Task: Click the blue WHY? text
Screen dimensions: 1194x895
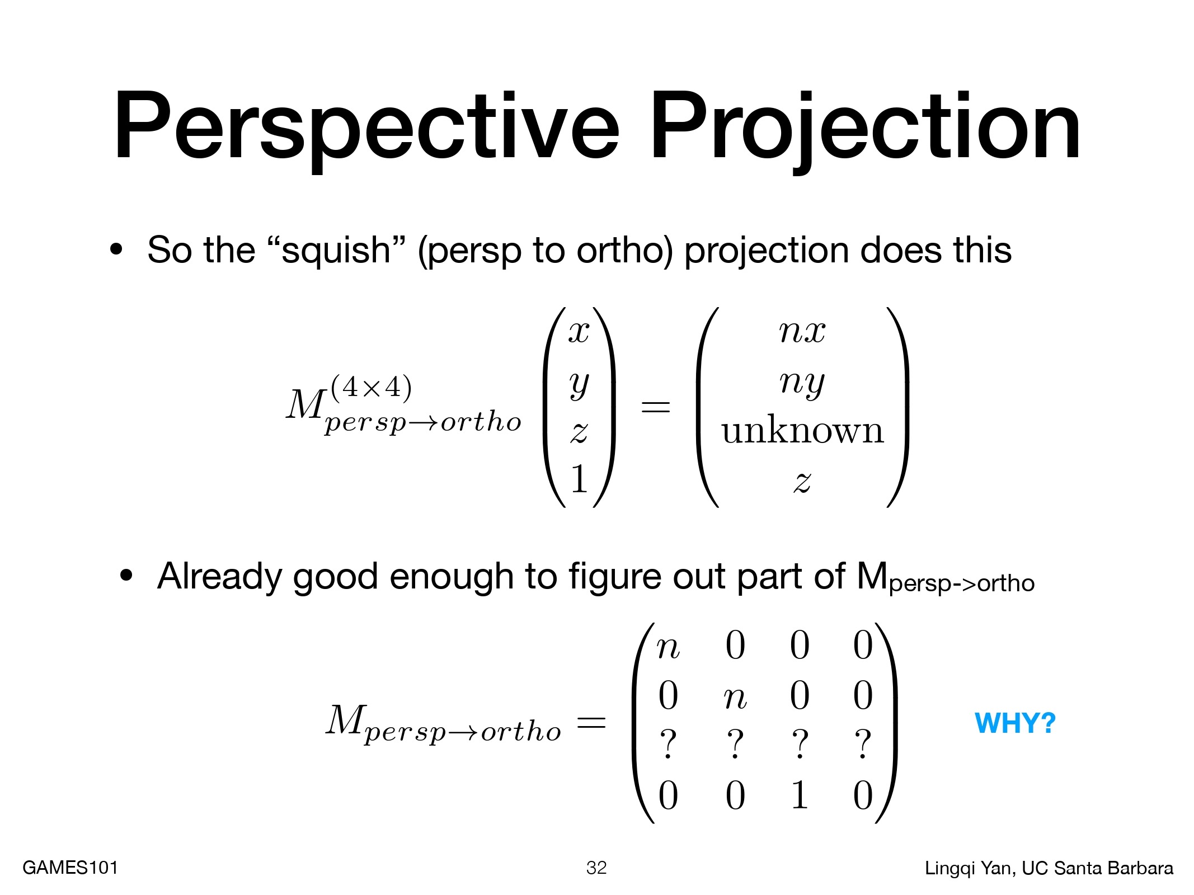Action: [x=1015, y=723]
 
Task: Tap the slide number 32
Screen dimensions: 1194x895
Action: [x=596, y=868]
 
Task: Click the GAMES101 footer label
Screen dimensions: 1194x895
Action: [x=70, y=868]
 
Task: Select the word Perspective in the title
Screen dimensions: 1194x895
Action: [x=366, y=128]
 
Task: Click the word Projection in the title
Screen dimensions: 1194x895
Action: [x=864, y=128]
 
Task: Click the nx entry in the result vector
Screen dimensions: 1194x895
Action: [x=802, y=331]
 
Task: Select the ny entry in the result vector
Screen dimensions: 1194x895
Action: [x=802, y=384]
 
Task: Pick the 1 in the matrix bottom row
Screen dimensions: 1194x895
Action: [x=800, y=795]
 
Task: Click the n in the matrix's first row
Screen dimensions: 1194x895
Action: [x=668, y=648]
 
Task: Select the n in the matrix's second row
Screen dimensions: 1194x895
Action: [x=735, y=698]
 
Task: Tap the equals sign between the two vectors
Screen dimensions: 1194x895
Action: [x=655, y=407]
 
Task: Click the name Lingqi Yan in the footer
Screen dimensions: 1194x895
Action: [x=970, y=868]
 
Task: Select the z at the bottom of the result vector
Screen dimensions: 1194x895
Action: [x=803, y=482]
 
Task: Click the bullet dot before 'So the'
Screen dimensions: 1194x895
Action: [x=116, y=250]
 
